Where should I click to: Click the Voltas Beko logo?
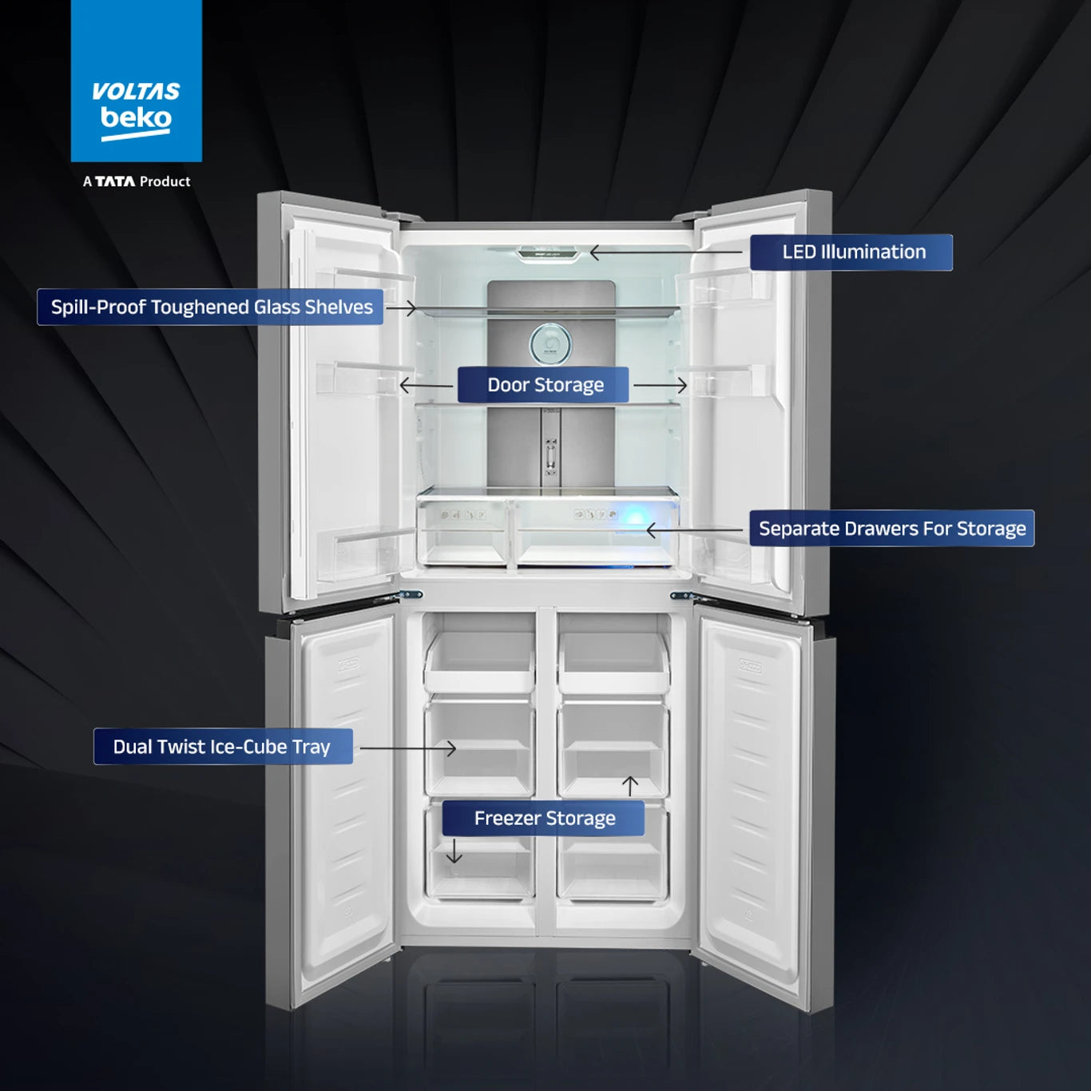point(136,81)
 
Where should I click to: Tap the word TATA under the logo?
point(115,181)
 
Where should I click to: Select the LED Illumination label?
point(851,252)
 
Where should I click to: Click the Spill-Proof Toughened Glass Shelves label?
point(210,307)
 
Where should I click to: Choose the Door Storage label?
point(543,385)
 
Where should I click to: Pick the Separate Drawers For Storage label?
point(891,528)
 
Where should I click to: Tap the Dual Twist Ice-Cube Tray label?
point(223,746)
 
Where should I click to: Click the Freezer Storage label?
point(543,818)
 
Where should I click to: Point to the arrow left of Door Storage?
point(426,386)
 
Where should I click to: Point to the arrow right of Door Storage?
point(661,386)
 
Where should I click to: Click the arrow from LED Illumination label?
point(666,252)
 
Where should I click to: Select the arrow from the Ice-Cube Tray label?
point(407,748)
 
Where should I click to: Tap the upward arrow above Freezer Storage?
point(630,786)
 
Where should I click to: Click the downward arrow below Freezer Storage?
point(454,851)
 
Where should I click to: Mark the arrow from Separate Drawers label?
point(694,530)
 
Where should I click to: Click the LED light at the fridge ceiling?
point(549,253)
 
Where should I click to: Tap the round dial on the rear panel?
point(550,343)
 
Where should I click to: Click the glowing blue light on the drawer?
point(635,518)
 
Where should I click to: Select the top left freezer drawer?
point(479,661)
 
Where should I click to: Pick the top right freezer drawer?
point(614,661)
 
